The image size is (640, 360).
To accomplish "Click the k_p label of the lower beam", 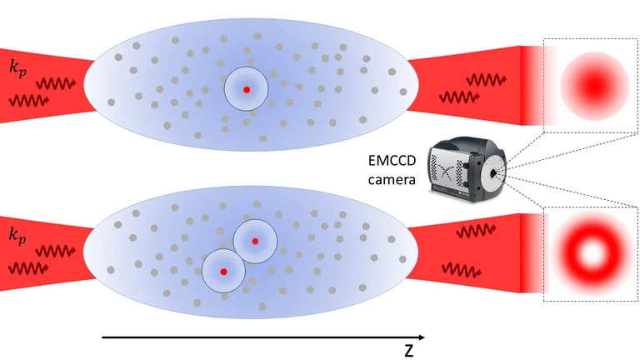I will (x=16, y=235).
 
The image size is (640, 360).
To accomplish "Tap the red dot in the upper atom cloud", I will (x=246, y=88).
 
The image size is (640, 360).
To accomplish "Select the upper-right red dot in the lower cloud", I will (x=256, y=241).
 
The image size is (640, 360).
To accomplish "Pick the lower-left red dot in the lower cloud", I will (x=223, y=272).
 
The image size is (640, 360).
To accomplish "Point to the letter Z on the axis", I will (x=408, y=351).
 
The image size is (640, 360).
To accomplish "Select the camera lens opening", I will (x=497, y=172).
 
